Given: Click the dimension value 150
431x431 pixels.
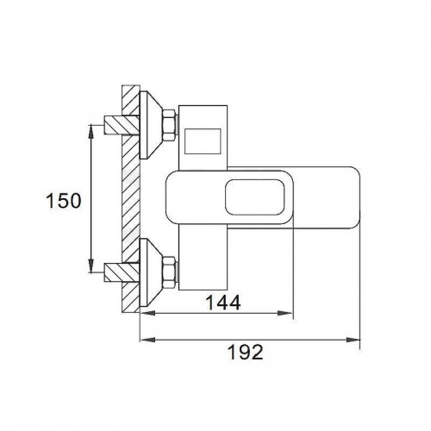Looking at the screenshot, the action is coord(64,201).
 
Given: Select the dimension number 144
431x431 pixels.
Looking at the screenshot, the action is coord(223,303).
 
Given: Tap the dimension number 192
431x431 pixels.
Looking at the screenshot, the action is coord(246,352).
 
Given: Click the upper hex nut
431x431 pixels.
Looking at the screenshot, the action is coord(169,125).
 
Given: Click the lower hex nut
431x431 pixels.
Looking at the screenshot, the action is coord(169,272).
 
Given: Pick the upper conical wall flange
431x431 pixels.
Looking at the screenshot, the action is coord(150,125).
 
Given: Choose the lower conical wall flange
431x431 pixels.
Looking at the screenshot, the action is coord(150,272).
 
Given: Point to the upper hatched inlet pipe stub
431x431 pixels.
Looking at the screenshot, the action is coord(122,125).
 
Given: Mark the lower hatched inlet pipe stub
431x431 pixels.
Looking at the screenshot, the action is coord(122,272).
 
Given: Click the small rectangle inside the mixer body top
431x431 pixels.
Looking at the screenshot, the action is coord(203,141).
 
